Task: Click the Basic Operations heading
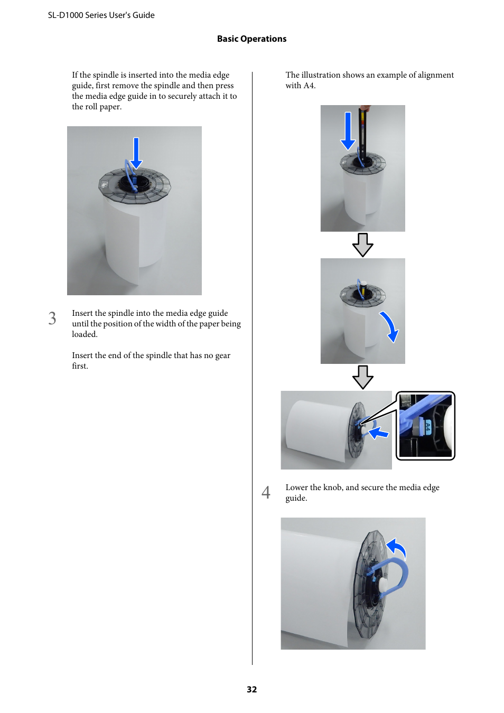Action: point(251,39)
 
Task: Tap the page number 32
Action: point(251,689)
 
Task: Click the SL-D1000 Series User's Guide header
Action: point(101,15)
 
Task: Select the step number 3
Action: point(52,318)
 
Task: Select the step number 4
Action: point(266,492)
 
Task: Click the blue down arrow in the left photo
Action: point(136,153)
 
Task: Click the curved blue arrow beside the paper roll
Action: point(390,326)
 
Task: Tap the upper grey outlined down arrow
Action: point(362,245)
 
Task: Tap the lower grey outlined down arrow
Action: point(362,377)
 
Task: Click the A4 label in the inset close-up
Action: point(428,427)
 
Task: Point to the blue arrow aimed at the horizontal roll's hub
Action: point(379,434)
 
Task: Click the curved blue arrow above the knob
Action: point(396,548)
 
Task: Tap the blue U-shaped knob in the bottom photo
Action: point(396,576)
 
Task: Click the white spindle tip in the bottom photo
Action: point(382,584)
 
